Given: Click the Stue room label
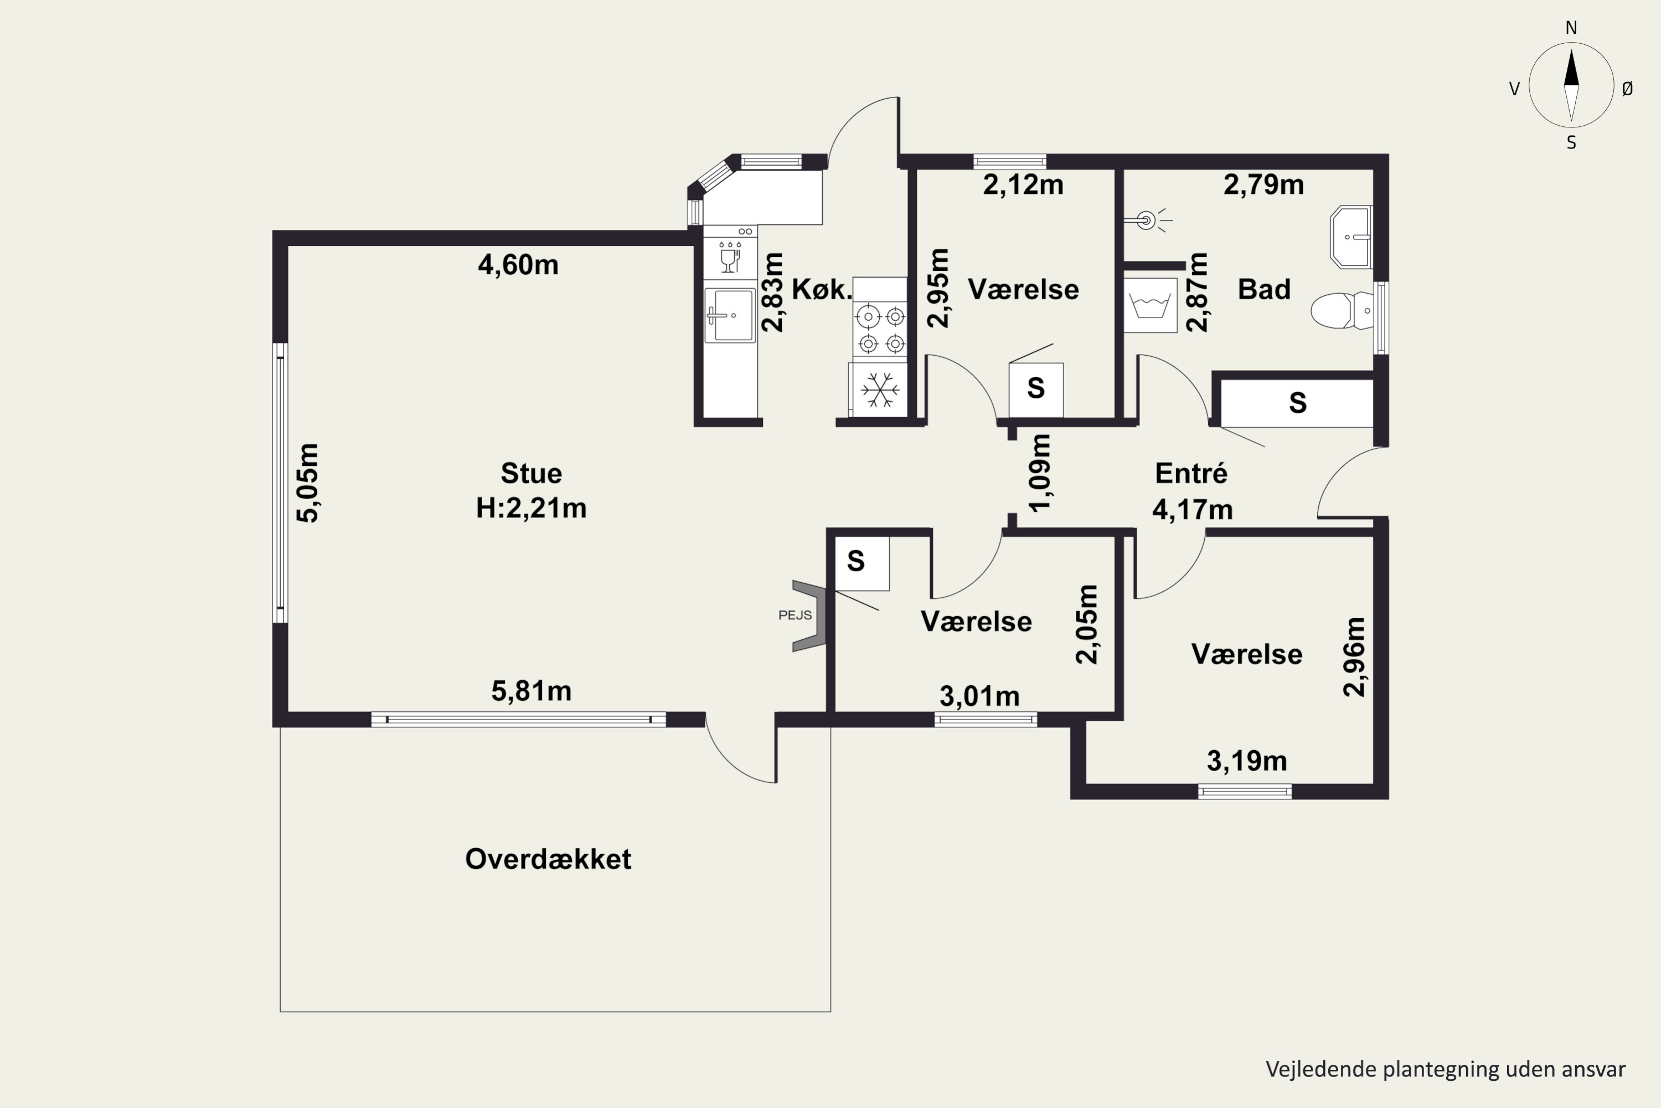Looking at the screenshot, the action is pos(531,473).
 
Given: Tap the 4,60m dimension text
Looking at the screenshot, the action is pos(518,265).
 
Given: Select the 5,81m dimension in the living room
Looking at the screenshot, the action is pos(531,691).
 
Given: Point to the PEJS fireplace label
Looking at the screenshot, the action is pos(795,615).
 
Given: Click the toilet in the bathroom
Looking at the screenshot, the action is pos(1342,310).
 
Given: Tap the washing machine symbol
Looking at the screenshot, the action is pos(1151,305).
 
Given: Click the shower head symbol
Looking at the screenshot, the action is pos(1148,220).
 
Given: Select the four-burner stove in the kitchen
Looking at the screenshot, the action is pos(880,329).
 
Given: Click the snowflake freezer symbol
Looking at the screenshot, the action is pos(880,389).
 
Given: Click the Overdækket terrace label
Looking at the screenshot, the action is pos(548,859).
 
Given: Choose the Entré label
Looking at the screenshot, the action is pos(1191,473).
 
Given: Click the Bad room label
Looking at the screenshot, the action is pos(1264,289).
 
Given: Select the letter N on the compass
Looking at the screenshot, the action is pos(1571,28).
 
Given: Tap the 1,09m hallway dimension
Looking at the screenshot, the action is pos(1040,472).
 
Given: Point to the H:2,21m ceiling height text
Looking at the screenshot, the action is pos(531,508).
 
